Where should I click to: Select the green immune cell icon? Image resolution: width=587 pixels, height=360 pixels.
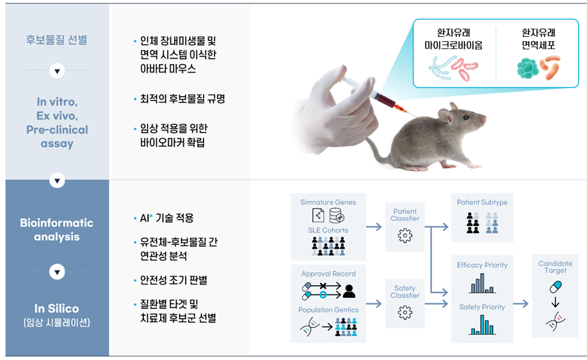pos(527,68)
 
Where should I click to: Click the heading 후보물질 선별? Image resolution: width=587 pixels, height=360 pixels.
pos(57,40)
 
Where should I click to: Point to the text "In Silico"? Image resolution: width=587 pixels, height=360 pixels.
pos(57,308)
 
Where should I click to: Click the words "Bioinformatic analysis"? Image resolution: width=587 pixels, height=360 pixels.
pos(57,230)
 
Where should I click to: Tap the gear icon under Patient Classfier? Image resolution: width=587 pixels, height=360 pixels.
pos(405,236)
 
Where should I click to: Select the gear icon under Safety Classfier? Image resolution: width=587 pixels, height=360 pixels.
pos(405,313)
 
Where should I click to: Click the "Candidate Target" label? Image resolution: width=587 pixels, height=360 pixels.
pos(555,267)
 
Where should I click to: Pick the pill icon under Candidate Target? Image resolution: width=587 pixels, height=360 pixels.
pos(556,287)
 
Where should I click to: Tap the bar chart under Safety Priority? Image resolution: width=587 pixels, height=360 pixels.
pos(482,325)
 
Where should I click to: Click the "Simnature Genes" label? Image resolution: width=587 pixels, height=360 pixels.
pos(328,203)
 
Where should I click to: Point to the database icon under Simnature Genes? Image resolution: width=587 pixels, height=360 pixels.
pos(337,215)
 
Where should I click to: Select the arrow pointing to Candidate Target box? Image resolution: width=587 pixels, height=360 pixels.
pos(520,303)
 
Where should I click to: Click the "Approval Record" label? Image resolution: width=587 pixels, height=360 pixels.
pos(328,274)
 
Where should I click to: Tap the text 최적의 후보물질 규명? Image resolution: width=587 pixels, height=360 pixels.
pos(182,98)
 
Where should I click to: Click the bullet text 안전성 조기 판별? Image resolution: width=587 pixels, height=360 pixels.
pos(173,280)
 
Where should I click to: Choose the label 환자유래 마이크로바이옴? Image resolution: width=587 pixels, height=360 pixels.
pos(453,39)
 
